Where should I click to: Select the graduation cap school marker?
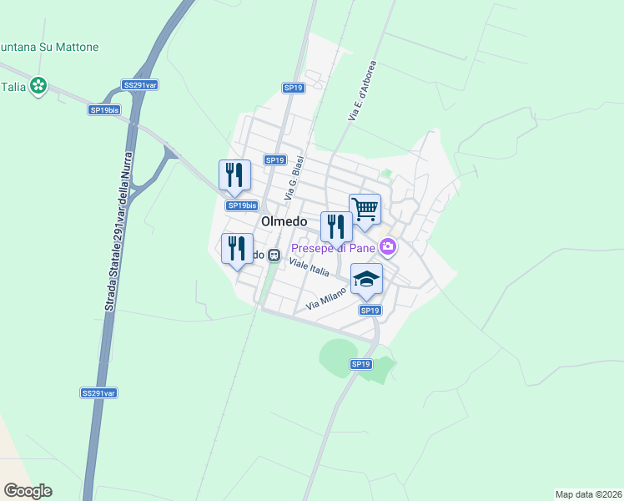(366, 278)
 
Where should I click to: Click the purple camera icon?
(387, 246)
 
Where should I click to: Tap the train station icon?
(274, 255)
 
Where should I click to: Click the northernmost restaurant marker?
(234, 174)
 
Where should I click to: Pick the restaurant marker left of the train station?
(237, 248)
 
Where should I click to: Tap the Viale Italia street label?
(309, 267)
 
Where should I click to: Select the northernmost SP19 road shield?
(293, 88)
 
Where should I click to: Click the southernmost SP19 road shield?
(360, 364)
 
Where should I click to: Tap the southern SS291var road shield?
(98, 392)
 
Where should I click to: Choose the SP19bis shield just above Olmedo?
(242, 205)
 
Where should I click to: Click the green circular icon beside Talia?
(38, 85)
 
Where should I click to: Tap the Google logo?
(28, 491)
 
